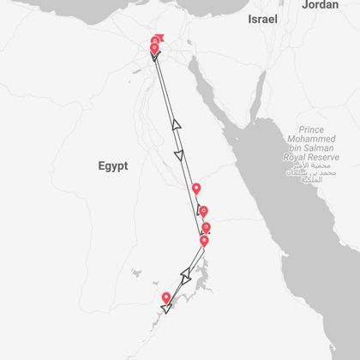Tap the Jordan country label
[319, 4]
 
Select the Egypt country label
[112, 166]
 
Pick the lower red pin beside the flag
[154, 49]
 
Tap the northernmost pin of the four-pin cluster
[196, 189]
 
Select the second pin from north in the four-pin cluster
[203, 211]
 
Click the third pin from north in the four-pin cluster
[206, 227]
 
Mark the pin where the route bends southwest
[204, 241]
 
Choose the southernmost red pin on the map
[166, 297]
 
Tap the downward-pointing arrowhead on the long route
[179, 155]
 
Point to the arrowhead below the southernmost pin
[165, 308]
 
